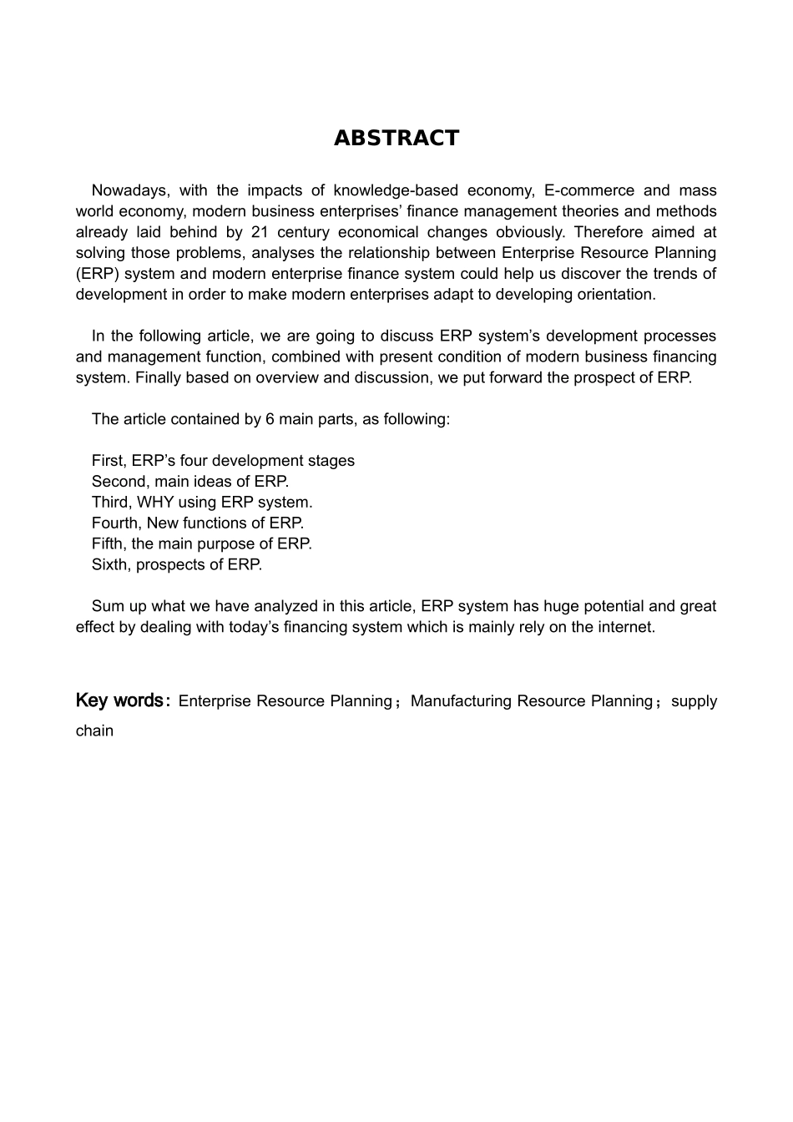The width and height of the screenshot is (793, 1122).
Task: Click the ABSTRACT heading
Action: (x=396, y=138)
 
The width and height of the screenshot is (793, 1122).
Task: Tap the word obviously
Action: (x=528, y=232)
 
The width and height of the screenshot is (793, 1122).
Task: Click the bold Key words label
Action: (x=123, y=700)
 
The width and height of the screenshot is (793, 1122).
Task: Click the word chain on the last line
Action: (x=94, y=731)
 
